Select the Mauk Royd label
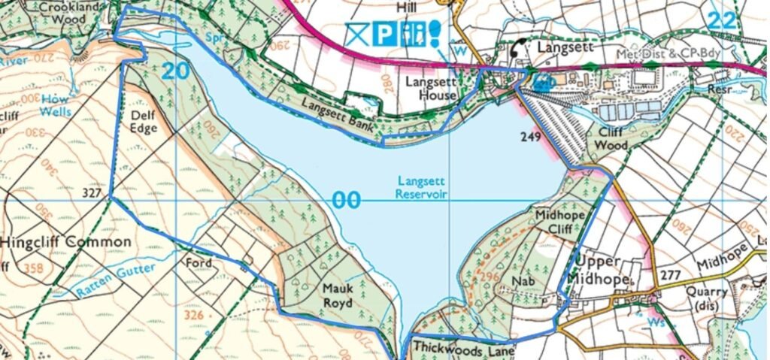[x=337, y=295]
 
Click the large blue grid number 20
[x=174, y=71]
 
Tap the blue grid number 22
[x=720, y=20]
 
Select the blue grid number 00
[x=346, y=201]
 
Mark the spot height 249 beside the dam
[x=531, y=137]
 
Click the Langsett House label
[x=431, y=88]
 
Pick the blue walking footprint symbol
[x=435, y=34]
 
